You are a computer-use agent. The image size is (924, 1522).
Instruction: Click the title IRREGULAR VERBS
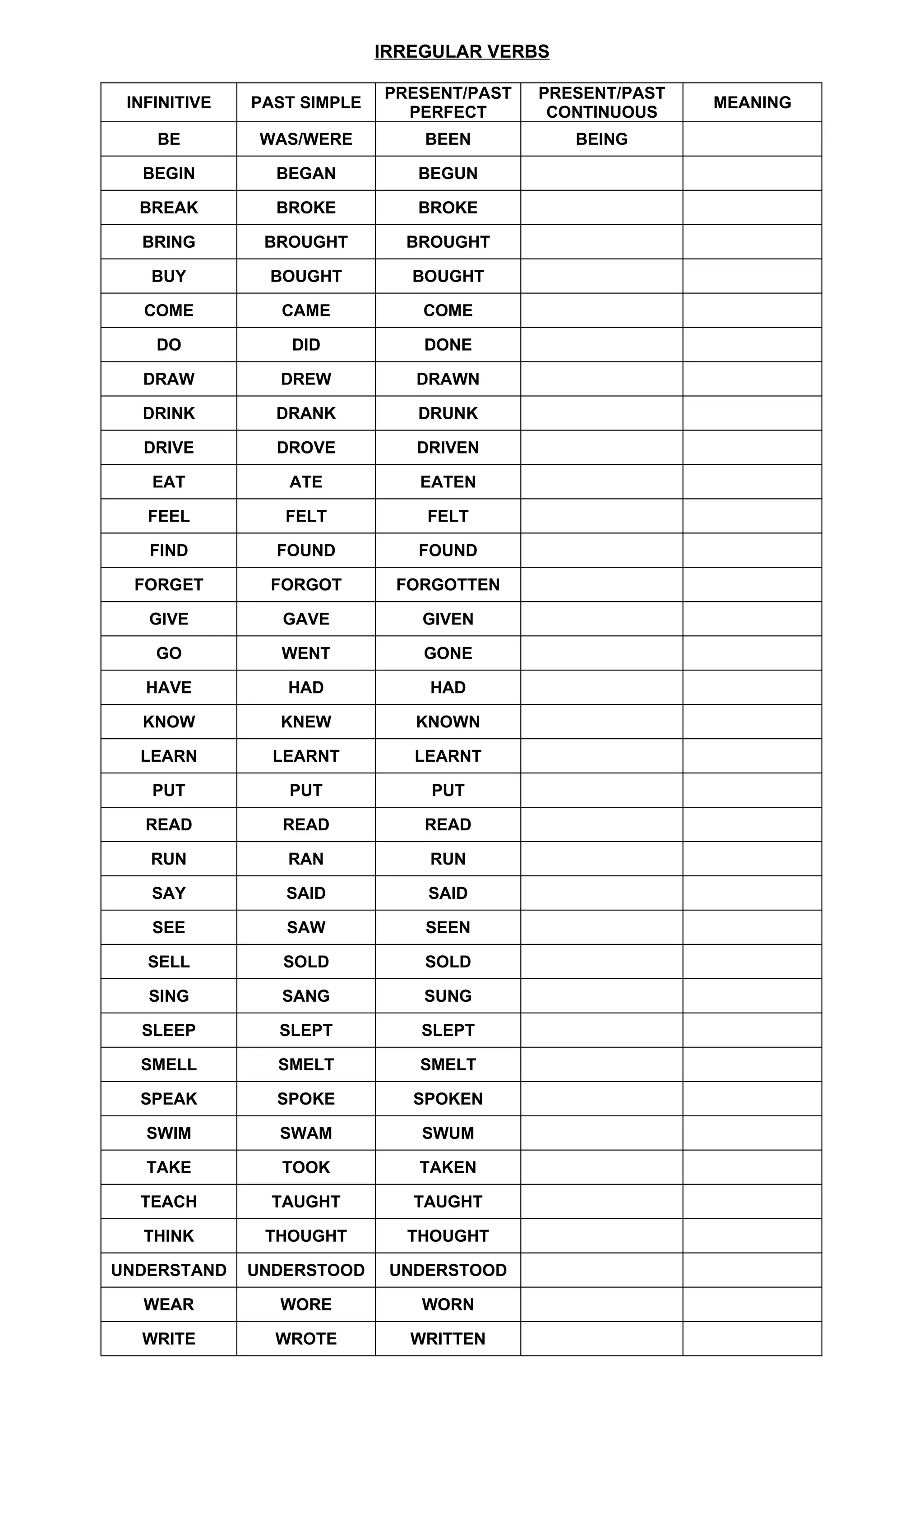coord(462,51)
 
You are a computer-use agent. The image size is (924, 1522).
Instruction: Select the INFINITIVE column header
coord(169,102)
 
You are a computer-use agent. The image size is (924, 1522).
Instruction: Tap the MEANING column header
coord(752,102)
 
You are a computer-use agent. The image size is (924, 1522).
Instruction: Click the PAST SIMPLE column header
coord(306,102)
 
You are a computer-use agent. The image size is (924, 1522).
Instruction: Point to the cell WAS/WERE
coord(306,139)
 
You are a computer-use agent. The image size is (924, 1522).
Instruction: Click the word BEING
coord(601,139)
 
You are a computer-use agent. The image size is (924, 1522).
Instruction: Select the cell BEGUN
coord(448,174)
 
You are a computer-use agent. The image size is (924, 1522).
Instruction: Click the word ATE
coord(306,482)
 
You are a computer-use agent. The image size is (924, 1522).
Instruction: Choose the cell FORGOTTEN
coord(448,584)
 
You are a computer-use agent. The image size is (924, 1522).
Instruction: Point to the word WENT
coord(306,653)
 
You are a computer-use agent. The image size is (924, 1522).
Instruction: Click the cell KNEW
coord(306,722)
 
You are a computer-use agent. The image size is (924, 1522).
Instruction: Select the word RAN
coord(306,859)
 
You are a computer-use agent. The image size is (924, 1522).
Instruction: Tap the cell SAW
coord(306,927)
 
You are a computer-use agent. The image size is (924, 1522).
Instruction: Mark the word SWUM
coord(448,1133)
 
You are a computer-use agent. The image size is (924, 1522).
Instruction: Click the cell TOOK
coord(306,1167)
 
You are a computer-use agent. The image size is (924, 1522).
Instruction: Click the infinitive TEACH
coord(169,1202)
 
